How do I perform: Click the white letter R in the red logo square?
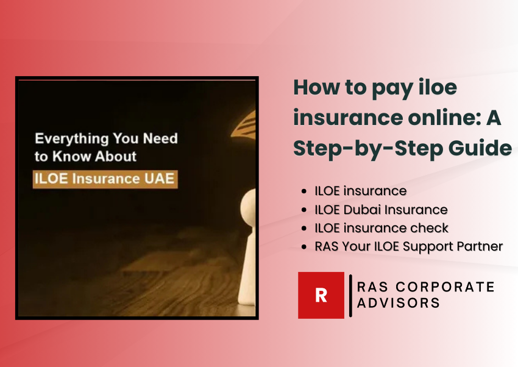(321, 295)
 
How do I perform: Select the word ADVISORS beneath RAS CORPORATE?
(399, 303)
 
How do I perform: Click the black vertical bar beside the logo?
(350, 296)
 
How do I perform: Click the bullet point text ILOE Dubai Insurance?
(381, 209)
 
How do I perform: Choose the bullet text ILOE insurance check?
(381, 228)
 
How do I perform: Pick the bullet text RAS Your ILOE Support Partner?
(408, 247)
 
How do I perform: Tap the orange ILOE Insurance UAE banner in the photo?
(105, 180)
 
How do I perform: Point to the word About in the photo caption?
(118, 157)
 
